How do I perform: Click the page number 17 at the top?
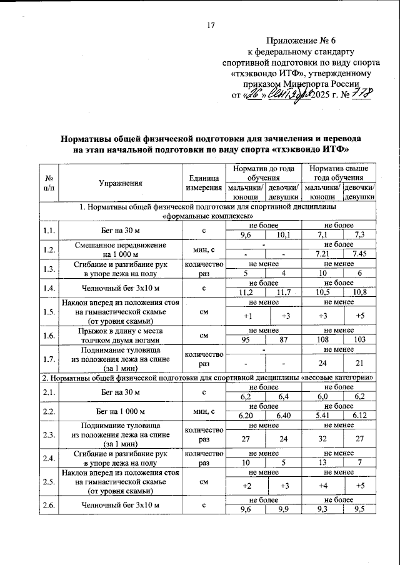click(x=211, y=25)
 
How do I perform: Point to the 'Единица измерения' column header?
click(x=203, y=183)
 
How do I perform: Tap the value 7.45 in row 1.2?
click(x=359, y=254)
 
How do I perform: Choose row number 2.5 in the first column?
click(x=49, y=482)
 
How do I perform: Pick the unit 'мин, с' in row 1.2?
click(x=203, y=250)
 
